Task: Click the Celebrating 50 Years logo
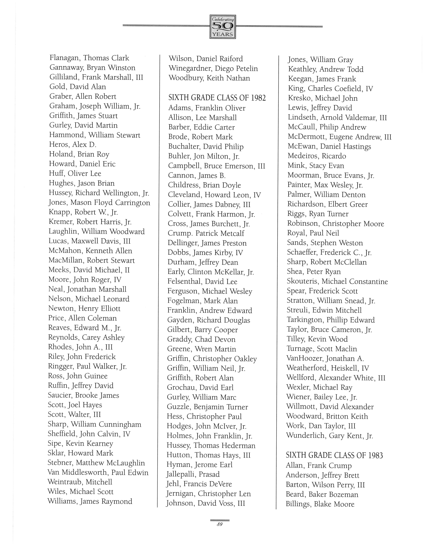[223, 27]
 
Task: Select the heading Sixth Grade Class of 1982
[217, 98]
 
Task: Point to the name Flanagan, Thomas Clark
[89, 58]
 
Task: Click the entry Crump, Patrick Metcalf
[206, 233]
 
